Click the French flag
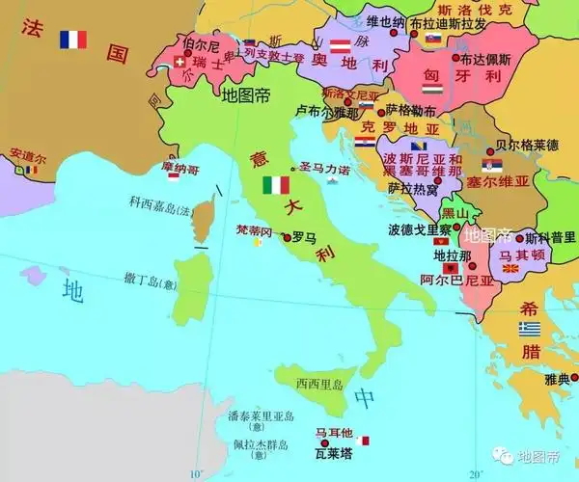coord(72,40)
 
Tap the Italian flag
coord(276,185)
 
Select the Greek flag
coord(529,329)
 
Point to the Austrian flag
coord(339,45)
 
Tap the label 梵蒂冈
coord(254,231)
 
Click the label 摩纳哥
coord(180,169)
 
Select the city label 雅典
coord(557,379)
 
